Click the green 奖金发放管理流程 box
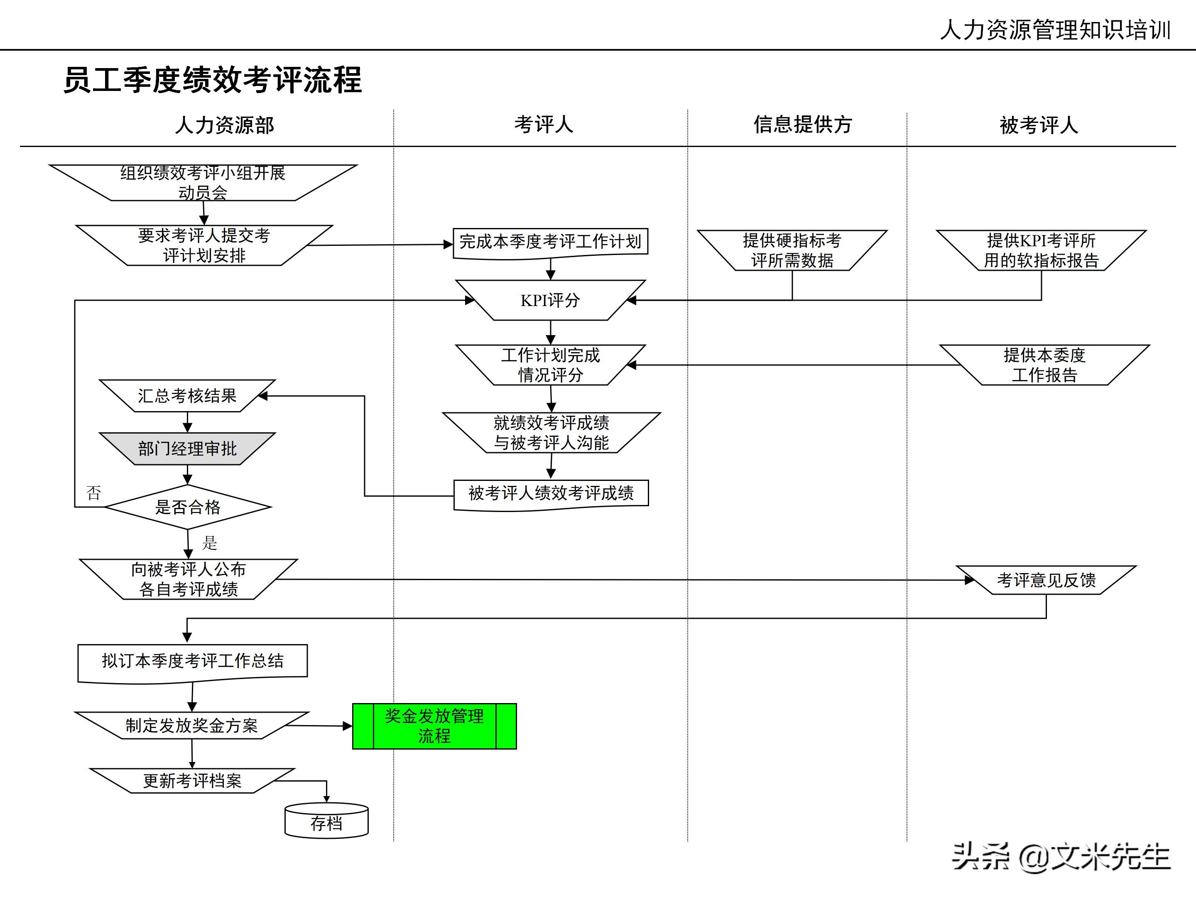coord(434,726)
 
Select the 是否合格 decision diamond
coord(188,507)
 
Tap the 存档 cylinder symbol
coord(326,822)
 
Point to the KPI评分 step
coord(550,300)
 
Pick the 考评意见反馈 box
coord(1046,580)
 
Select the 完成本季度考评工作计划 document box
coord(550,242)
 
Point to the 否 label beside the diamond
coord(93,493)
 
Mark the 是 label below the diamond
coord(210,543)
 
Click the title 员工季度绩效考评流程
coord(213,80)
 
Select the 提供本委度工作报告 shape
coord(1044,365)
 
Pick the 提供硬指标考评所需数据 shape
coord(792,250)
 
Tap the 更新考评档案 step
coord(192,781)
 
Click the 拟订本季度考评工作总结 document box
coord(193,661)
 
